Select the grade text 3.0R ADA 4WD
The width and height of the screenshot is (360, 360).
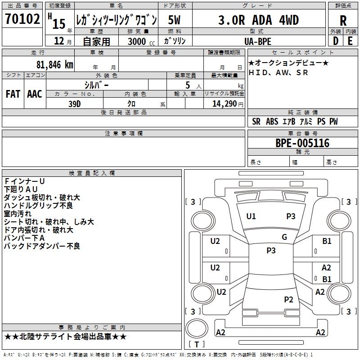[258, 20]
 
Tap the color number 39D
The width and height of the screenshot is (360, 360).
[75, 103]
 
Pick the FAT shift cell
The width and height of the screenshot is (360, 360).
[13, 94]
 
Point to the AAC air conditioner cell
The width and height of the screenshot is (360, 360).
[34, 94]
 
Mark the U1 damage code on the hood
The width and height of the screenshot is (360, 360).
[251, 216]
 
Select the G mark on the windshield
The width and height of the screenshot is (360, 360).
[284, 237]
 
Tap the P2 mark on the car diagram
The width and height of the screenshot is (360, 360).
[288, 299]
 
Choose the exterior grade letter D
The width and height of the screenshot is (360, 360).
[335, 40]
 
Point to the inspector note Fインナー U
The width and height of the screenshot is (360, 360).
[24, 181]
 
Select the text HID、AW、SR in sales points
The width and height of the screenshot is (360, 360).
[279, 72]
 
